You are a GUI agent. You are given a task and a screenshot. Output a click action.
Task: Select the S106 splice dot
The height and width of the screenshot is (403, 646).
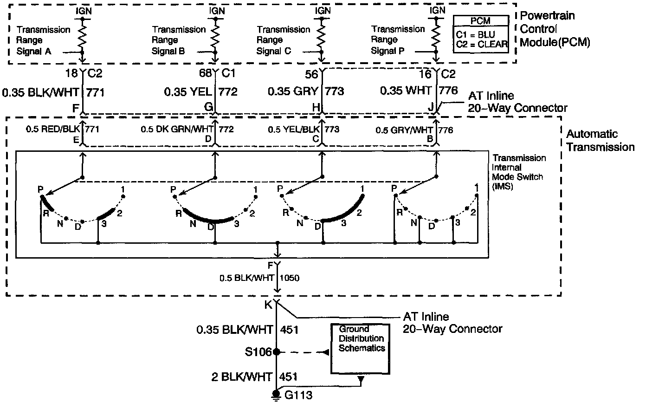click(x=277, y=352)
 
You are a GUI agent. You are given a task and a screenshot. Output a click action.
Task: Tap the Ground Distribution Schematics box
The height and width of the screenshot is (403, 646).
click(x=362, y=348)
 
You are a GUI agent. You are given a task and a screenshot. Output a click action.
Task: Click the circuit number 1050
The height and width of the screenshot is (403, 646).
click(x=290, y=279)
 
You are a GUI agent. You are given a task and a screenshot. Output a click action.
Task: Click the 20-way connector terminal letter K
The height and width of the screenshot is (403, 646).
click(x=268, y=305)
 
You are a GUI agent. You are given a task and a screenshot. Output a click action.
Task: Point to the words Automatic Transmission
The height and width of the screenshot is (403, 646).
click(x=600, y=141)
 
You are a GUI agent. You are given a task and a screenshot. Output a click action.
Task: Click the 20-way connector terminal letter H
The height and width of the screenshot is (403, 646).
click(x=317, y=108)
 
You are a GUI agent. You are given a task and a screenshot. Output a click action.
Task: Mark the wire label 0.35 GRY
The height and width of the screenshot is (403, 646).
click(x=295, y=91)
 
